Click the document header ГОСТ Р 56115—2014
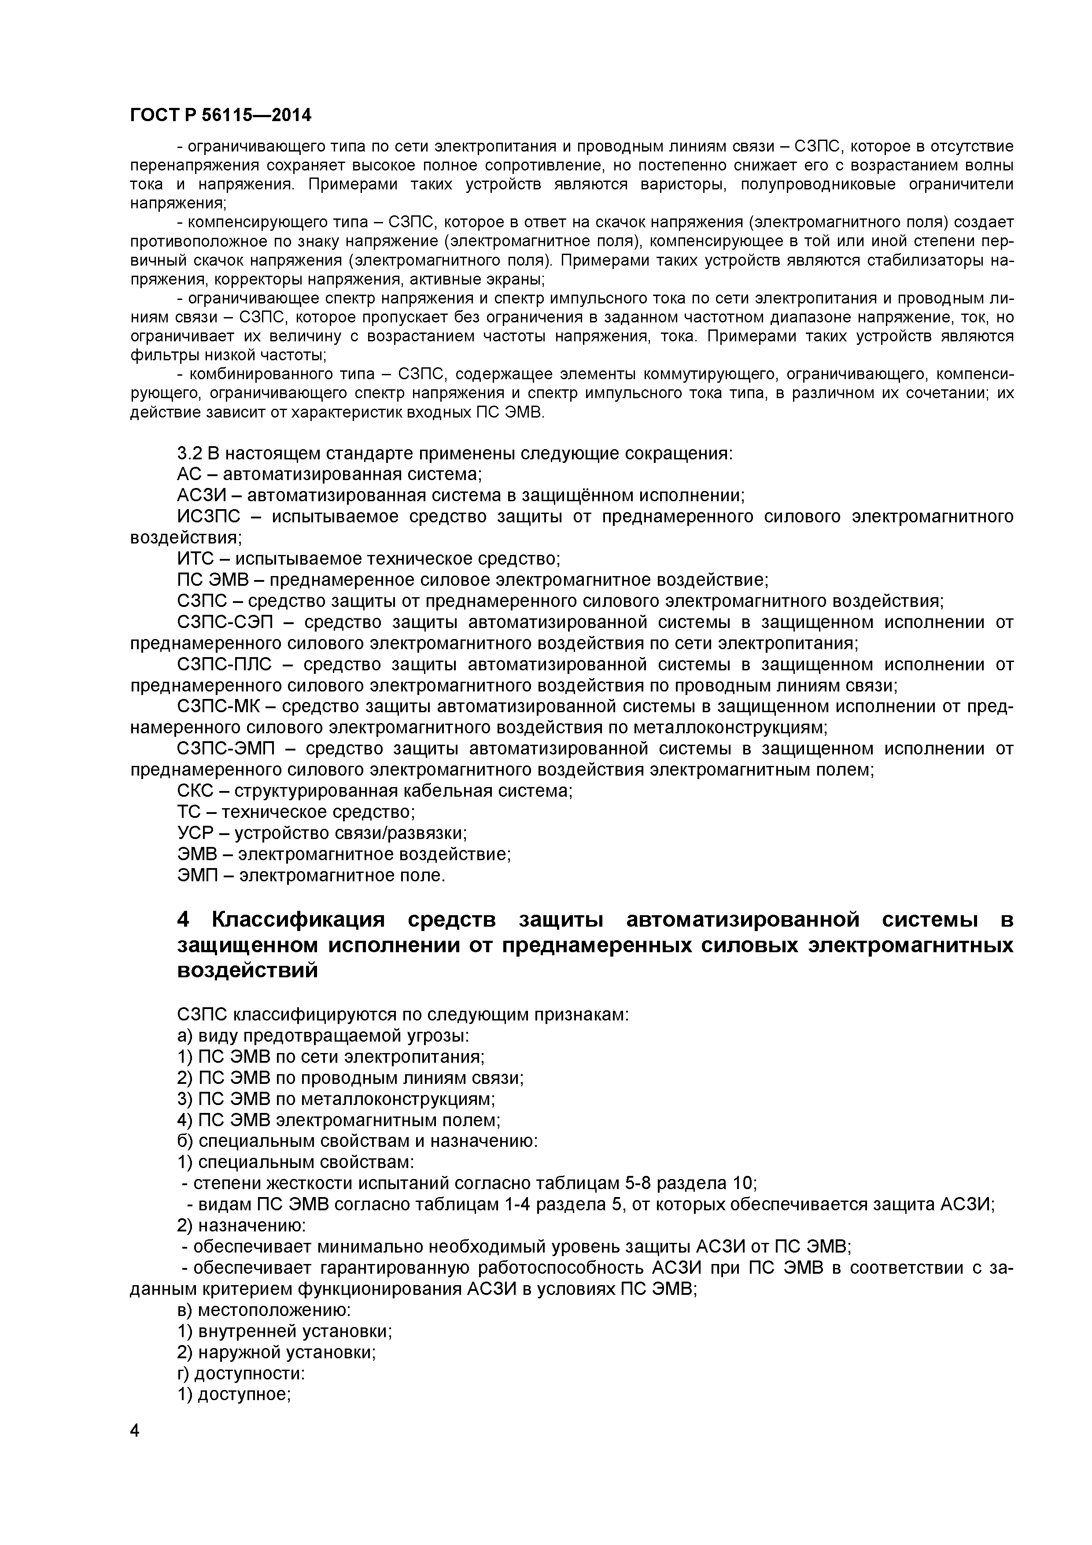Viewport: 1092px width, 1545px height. click(x=220, y=115)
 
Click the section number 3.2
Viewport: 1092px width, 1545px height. click(x=190, y=454)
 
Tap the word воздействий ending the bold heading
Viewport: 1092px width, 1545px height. click(x=247, y=971)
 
